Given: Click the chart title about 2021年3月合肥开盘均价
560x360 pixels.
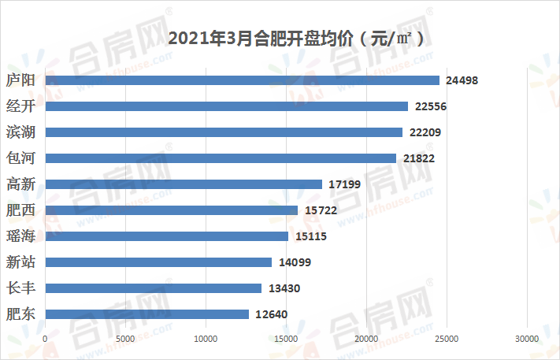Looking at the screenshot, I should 291,37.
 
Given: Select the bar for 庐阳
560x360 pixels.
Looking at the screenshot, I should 242,80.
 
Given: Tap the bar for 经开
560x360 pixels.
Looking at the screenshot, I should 226,106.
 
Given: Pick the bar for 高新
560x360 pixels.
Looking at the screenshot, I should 184,184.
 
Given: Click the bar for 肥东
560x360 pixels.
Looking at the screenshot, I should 146,314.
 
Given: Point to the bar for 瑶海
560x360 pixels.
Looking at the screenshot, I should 166,236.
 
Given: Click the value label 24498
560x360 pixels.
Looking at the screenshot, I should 462,80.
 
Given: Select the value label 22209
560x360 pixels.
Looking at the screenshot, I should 425,132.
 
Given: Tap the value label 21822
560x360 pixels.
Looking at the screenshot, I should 418,158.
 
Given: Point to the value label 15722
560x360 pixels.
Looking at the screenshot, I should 320,210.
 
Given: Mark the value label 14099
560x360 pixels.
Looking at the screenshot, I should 294,262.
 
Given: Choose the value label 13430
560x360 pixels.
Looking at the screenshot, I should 284,288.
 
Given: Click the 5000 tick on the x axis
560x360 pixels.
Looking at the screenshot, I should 125,339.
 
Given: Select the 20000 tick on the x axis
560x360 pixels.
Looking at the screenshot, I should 366,339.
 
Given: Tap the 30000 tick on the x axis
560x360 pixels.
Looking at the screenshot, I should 526,339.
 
